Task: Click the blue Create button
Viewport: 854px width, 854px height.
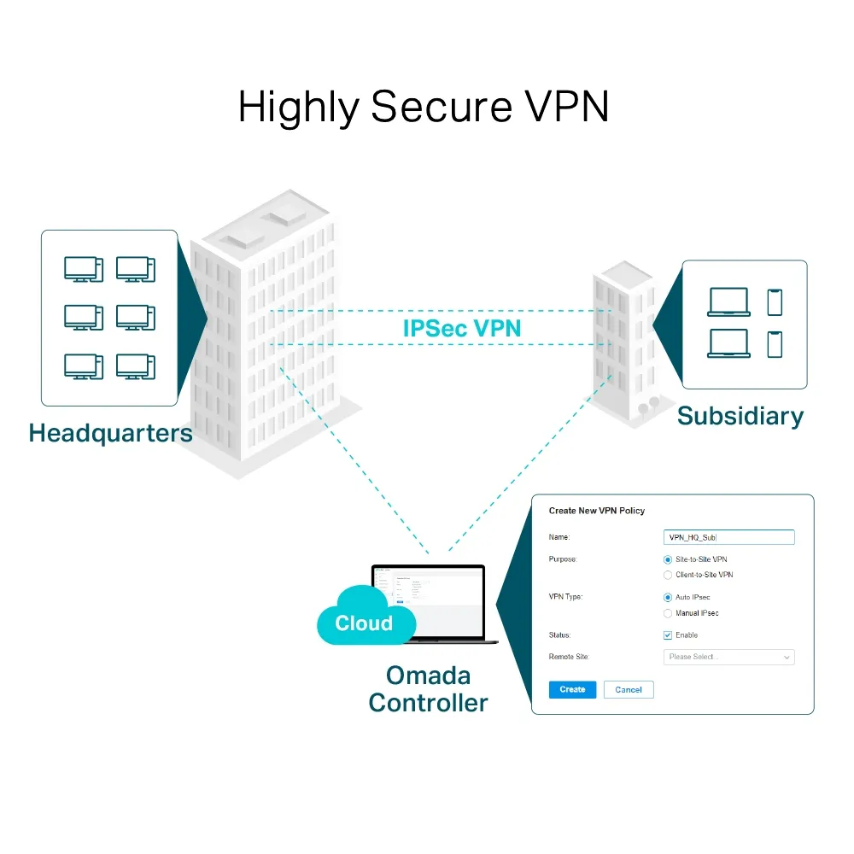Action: pos(572,689)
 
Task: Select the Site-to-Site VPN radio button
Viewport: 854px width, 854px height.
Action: pos(668,559)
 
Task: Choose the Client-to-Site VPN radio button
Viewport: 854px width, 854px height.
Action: pos(668,576)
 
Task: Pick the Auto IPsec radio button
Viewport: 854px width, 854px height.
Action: pos(668,598)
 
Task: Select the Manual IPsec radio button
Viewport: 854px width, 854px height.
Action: pos(668,613)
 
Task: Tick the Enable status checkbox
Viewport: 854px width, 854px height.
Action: pos(668,635)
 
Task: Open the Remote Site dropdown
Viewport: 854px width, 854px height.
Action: pos(728,657)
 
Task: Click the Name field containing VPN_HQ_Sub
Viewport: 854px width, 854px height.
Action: pos(728,537)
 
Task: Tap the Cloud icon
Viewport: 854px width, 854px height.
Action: pos(363,619)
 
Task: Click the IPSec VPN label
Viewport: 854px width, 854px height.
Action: pos(461,328)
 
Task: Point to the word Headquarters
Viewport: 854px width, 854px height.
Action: pos(110,433)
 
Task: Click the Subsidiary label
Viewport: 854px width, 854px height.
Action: pos(740,416)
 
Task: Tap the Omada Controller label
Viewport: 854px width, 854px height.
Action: pos(428,689)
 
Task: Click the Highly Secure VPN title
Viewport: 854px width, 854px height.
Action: pos(424,108)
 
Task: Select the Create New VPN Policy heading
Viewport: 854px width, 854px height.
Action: pos(596,511)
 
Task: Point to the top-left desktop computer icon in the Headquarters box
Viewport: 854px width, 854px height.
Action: pos(83,270)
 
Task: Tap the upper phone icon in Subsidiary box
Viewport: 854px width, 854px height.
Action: pos(775,302)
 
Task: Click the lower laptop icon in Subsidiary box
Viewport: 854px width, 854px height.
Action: pos(728,343)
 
